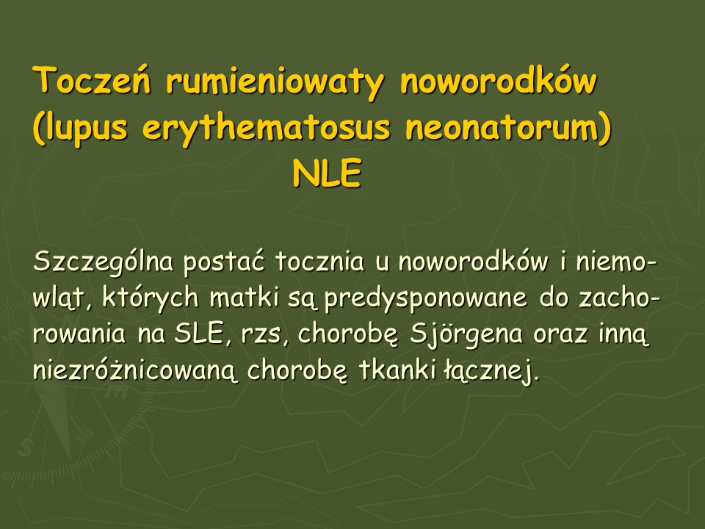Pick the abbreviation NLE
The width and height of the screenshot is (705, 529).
point(327,173)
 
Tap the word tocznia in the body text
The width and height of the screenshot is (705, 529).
point(320,262)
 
